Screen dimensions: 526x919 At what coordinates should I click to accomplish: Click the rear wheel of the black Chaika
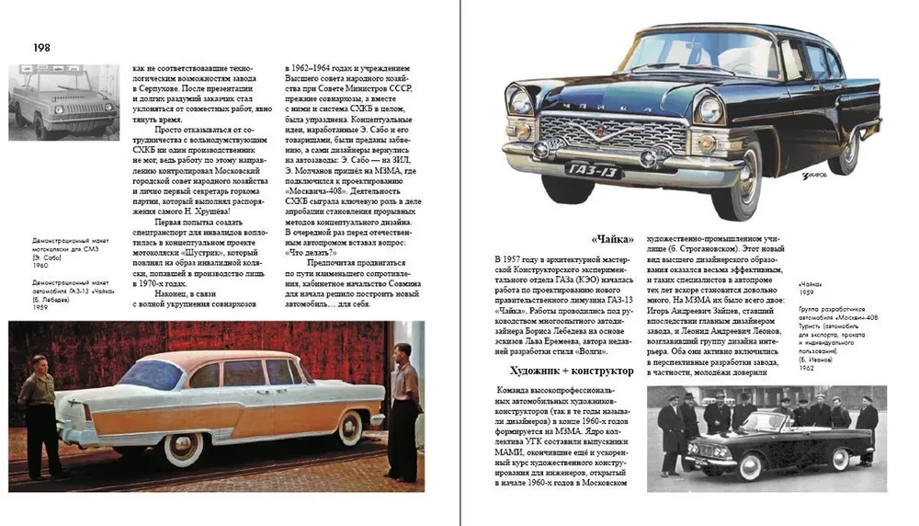click(x=844, y=151)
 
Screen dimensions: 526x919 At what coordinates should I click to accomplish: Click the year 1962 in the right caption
click(x=808, y=369)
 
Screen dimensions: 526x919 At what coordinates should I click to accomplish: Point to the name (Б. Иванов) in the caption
click(x=818, y=360)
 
